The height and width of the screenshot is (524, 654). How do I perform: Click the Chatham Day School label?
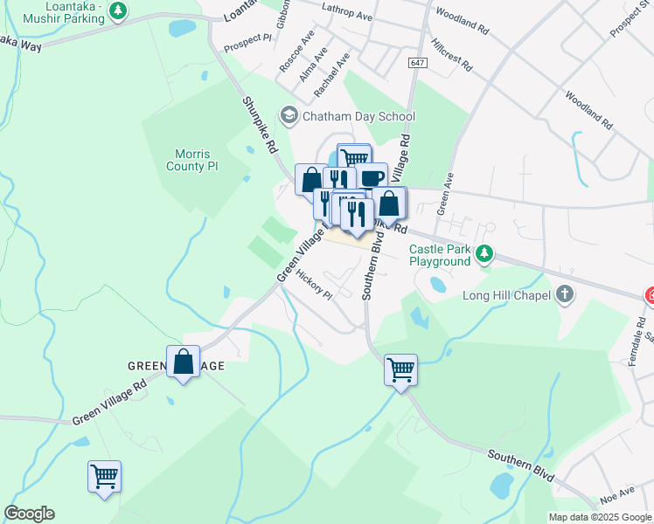click(x=358, y=116)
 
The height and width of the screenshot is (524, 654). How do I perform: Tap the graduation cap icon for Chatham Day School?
click(x=288, y=115)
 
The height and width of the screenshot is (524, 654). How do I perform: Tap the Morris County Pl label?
click(x=190, y=160)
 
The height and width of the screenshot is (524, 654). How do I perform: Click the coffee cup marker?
click(x=372, y=177)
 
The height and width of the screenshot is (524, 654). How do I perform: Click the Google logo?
click(x=29, y=514)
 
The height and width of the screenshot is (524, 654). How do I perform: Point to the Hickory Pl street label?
click(x=314, y=284)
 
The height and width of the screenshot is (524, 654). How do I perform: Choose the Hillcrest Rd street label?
click(x=451, y=53)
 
